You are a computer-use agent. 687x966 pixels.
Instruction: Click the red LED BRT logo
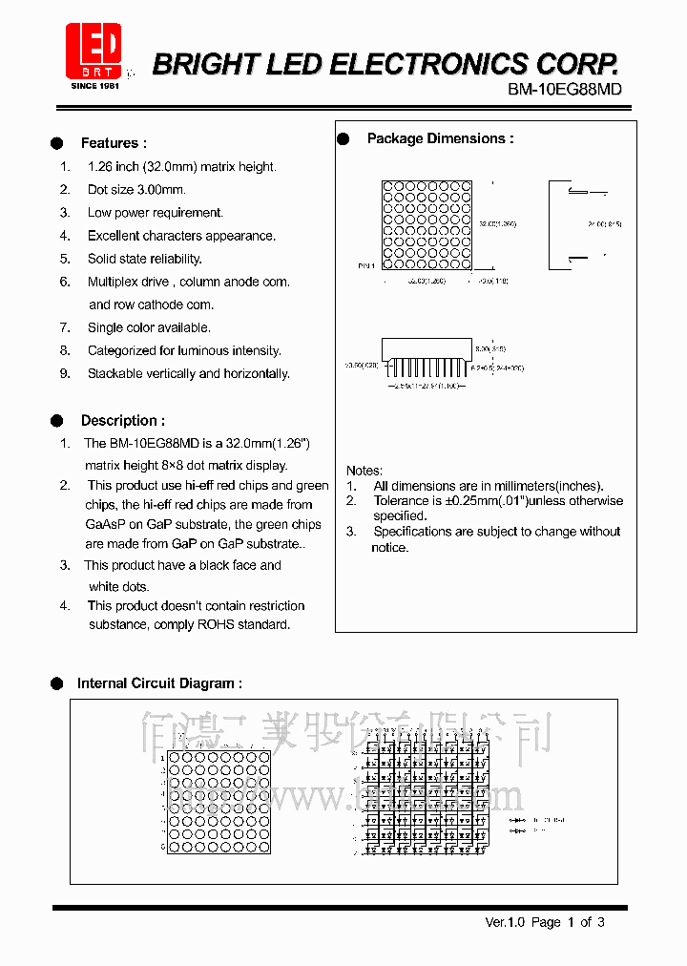93,52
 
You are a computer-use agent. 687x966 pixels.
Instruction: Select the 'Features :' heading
114,143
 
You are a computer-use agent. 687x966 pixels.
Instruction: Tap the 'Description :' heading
122,420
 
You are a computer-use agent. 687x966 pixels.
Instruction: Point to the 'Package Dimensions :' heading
440,138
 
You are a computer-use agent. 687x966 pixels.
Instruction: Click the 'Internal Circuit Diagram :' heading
159,683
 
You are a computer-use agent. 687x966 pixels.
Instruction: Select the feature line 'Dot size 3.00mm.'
136,190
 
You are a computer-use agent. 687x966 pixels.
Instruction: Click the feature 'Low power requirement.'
156,213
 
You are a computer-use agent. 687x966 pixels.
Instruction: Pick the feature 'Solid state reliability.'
145,259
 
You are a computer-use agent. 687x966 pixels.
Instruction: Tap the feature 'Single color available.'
150,327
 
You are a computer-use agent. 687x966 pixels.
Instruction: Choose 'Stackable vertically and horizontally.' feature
189,373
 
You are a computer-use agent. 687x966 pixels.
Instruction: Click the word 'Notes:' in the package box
364,471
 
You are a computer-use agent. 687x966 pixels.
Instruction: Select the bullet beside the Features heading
57,143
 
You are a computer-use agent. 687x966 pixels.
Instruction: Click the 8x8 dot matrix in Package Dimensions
427,225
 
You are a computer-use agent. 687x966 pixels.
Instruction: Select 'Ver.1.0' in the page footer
505,922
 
